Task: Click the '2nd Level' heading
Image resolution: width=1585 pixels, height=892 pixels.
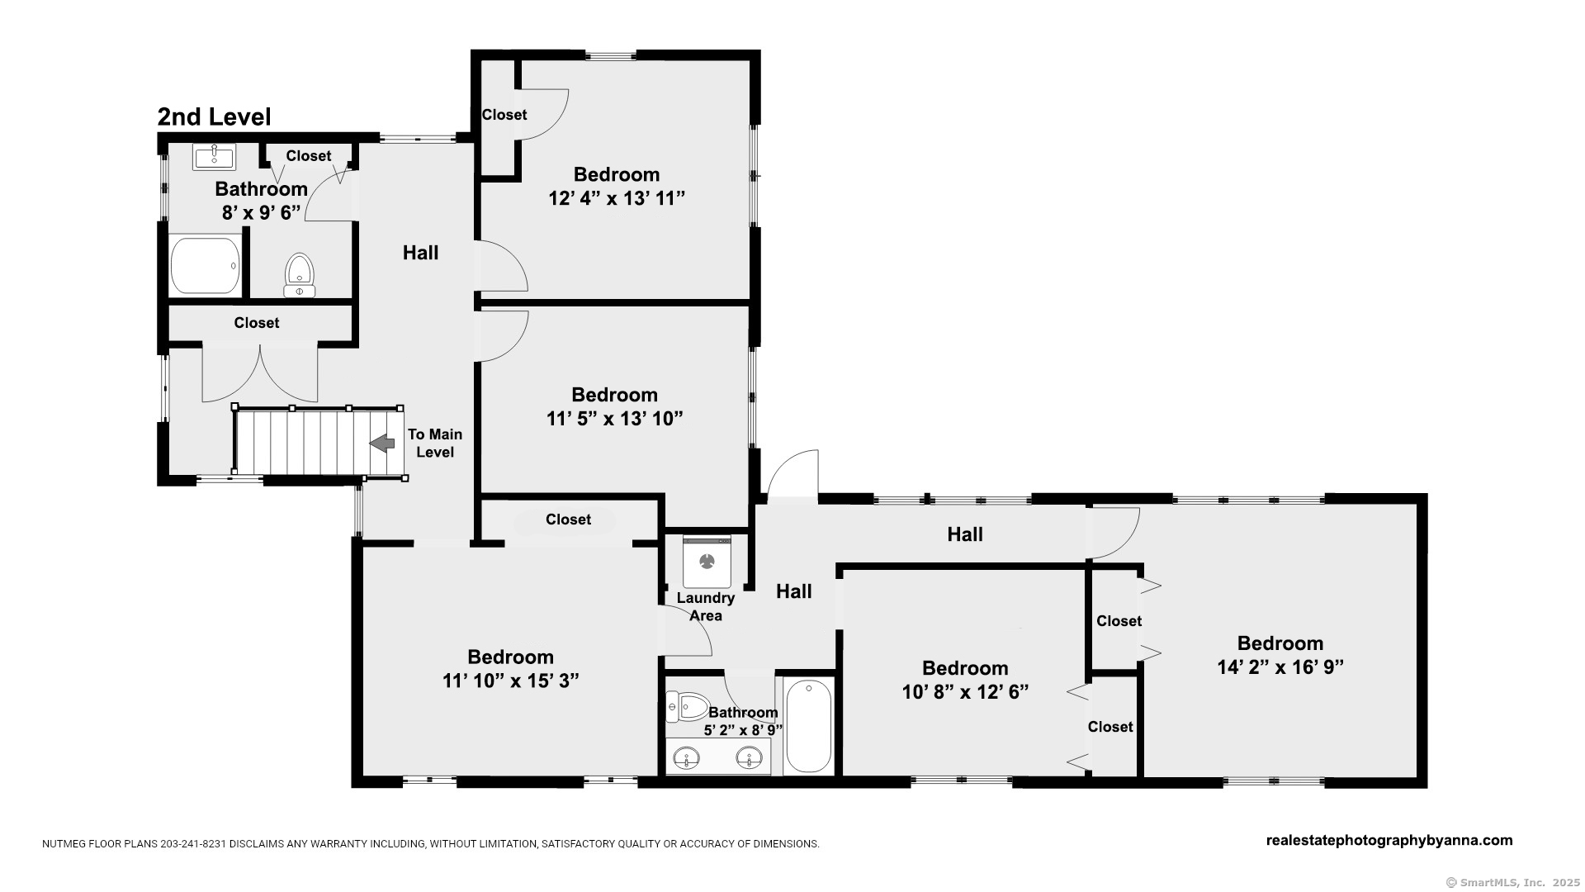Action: pyautogui.click(x=214, y=117)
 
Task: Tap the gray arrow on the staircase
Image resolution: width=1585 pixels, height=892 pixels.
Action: pyautogui.click(x=381, y=444)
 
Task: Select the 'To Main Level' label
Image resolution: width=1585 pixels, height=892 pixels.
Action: pyautogui.click(x=435, y=444)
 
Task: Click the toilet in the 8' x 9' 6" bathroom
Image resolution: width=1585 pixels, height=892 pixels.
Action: pyautogui.click(x=300, y=275)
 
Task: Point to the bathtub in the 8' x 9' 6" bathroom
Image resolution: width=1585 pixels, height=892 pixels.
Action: pyautogui.click(x=205, y=266)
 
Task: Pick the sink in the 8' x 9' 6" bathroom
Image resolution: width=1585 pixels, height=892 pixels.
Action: pyautogui.click(x=214, y=156)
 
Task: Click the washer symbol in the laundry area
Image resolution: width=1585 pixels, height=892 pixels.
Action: pyautogui.click(x=707, y=562)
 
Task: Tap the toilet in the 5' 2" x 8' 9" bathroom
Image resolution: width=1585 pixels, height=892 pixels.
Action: pyautogui.click(x=687, y=707)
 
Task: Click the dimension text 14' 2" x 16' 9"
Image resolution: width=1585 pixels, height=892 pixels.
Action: pyautogui.click(x=1280, y=667)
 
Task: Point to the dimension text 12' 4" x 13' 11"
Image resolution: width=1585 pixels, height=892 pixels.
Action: pyautogui.click(x=617, y=198)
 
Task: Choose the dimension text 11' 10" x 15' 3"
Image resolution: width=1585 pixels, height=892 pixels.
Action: pyautogui.click(x=510, y=681)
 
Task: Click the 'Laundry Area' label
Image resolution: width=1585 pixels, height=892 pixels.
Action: pyautogui.click(x=706, y=606)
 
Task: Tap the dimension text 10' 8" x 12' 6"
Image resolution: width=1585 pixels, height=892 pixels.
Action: pyautogui.click(x=965, y=691)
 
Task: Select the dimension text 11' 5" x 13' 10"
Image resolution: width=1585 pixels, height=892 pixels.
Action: pyautogui.click(x=615, y=419)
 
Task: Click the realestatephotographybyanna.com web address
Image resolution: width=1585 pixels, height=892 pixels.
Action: pyautogui.click(x=1389, y=840)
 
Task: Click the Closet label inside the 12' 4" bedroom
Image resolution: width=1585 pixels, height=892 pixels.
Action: pyautogui.click(x=504, y=115)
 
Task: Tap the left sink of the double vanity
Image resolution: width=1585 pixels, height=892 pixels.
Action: pyautogui.click(x=687, y=757)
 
